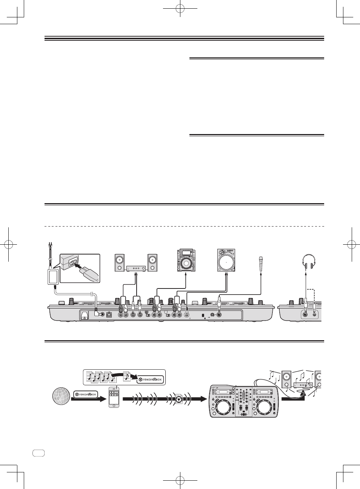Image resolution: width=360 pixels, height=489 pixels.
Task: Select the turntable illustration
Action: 226,260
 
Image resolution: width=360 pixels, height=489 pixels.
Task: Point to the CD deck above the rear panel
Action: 186,260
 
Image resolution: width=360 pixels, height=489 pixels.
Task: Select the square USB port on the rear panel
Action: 108,315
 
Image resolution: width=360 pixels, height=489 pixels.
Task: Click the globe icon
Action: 61,396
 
